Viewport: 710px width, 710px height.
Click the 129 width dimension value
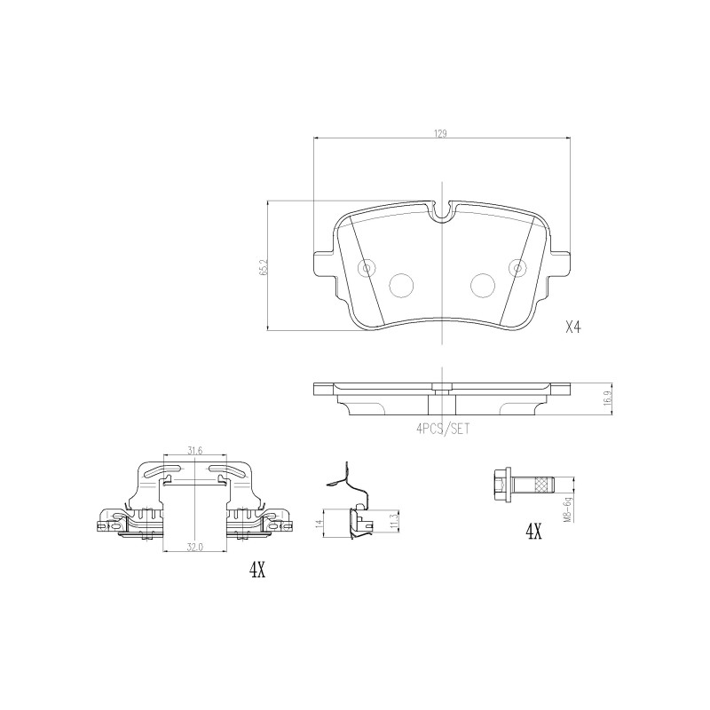pyautogui.click(x=440, y=134)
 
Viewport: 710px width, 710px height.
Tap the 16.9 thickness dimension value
pyautogui.click(x=609, y=398)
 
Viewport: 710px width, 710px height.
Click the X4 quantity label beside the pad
pyautogui.click(x=572, y=327)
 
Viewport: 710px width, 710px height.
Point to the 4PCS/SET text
pyautogui.click(x=443, y=429)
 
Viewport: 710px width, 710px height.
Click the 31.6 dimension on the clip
pyautogui.click(x=194, y=450)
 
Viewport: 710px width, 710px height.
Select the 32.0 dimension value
pyautogui.click(x=193, y=547)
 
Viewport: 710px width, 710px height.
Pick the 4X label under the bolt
pyautogui.click(x=533, y=532)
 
